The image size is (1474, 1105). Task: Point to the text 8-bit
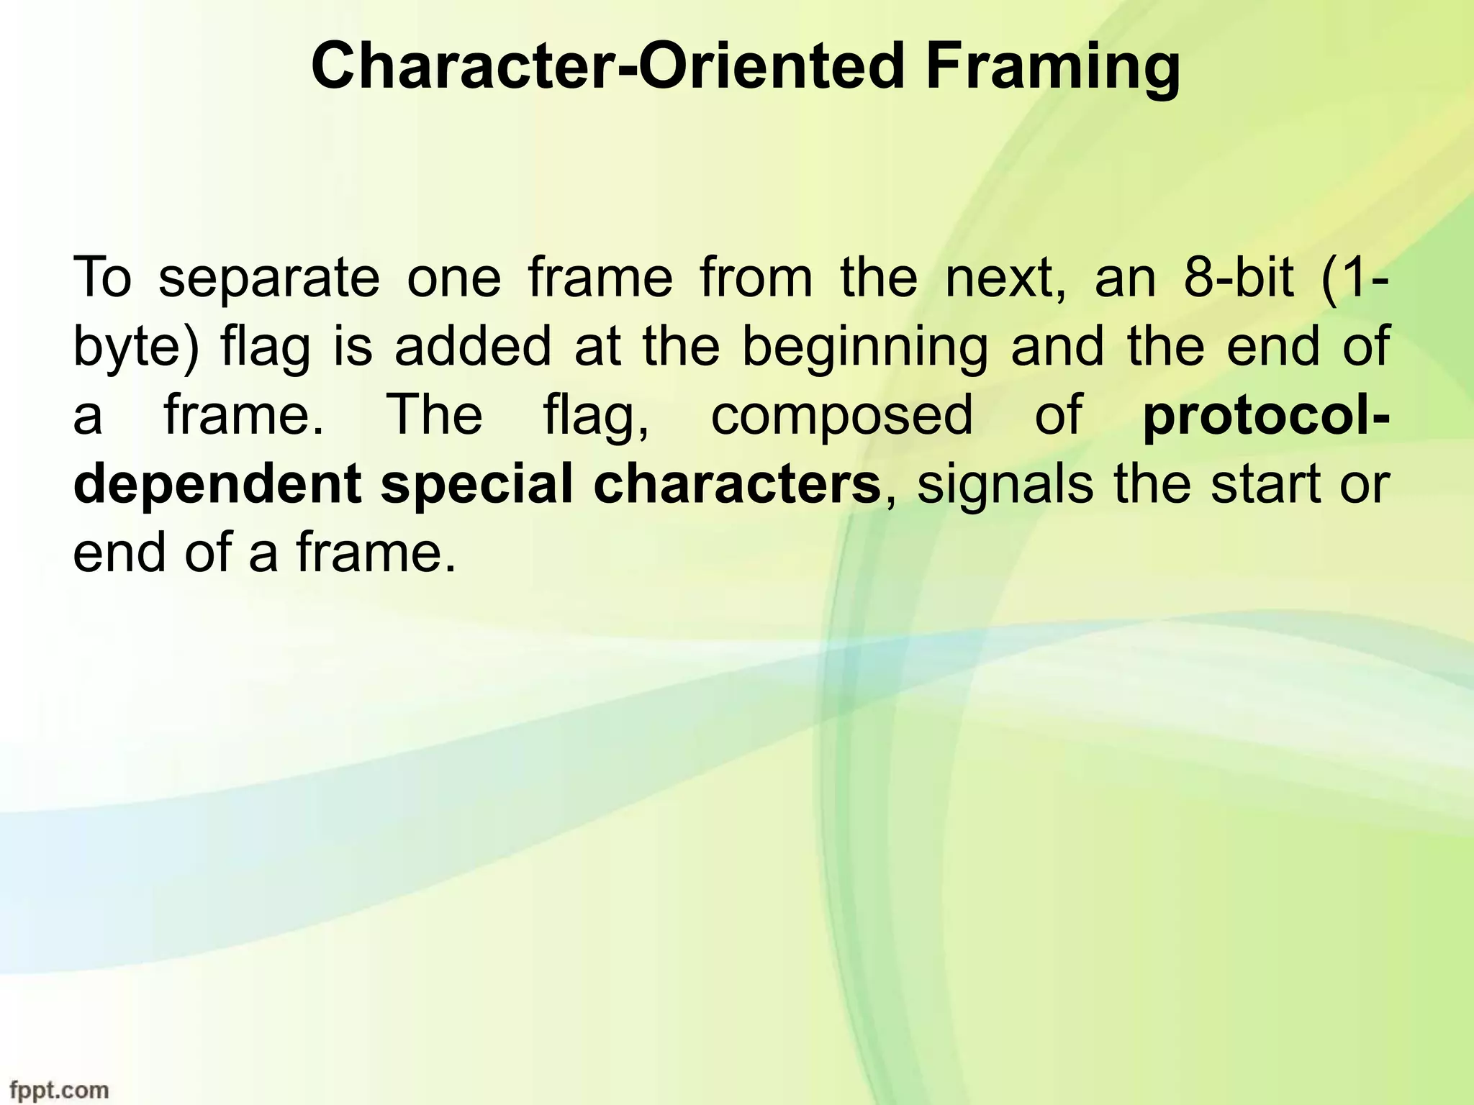click(x=1238, y=277)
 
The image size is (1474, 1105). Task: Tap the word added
click(x=472, y=346)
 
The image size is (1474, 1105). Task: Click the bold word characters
click(x=737, y=484)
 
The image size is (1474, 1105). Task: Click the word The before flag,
click(x=434, y=415)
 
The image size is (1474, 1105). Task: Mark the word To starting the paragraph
click(x=103, y=277)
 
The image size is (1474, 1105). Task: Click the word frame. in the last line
click(x=376, y=553)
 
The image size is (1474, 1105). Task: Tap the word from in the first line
click(x=756, y=277)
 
